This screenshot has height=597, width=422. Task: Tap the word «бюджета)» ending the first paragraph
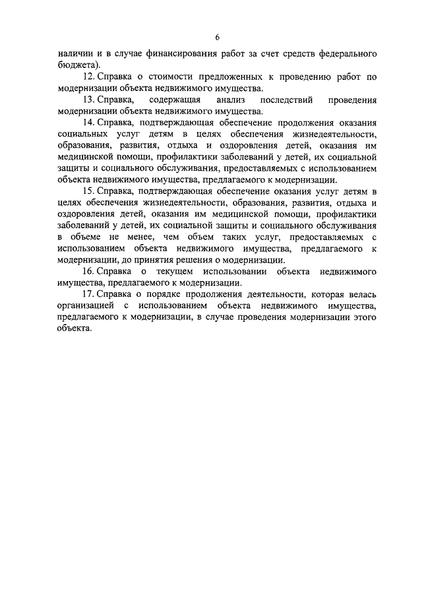pos(78,65)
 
